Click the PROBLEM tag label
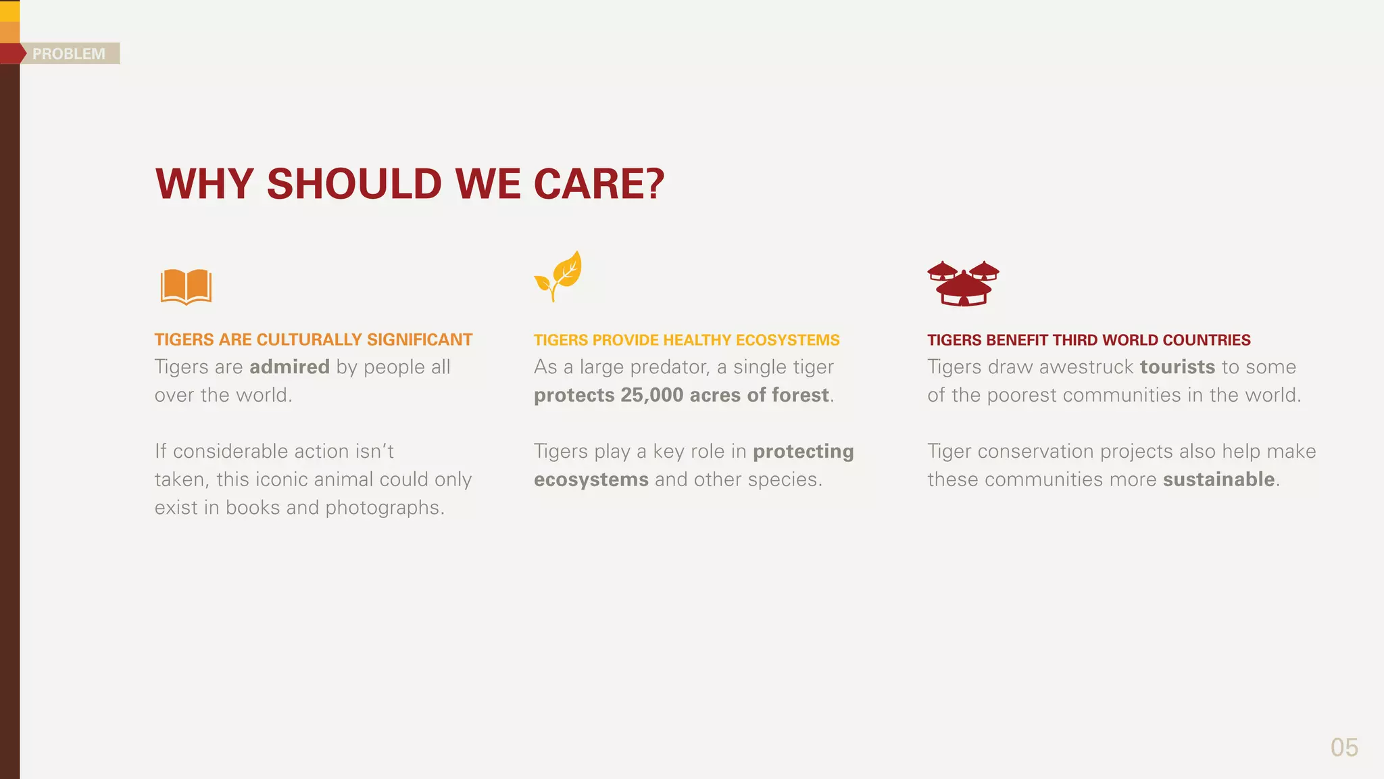(x=69, y=53)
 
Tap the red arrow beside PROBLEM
(x=12, y=53)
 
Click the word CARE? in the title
(x=599, y=184)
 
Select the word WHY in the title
(x=204, y=184)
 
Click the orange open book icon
(x=186, y=287)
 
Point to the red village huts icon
(x=963, y=283)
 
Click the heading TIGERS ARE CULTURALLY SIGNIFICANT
(x=314, y=339)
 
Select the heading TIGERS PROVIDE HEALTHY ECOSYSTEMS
(x=687, y=339)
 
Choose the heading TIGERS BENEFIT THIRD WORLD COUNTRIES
(x=1089, y=339)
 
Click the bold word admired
(x=289, y=367)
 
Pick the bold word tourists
(x=1177, y=367)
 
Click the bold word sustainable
(x=1218, y=479)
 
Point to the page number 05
(x=1343, y=747)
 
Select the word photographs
(x=385, y=508)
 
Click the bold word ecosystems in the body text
(x=591, y=479)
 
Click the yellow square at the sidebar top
(x=9, y=11)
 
